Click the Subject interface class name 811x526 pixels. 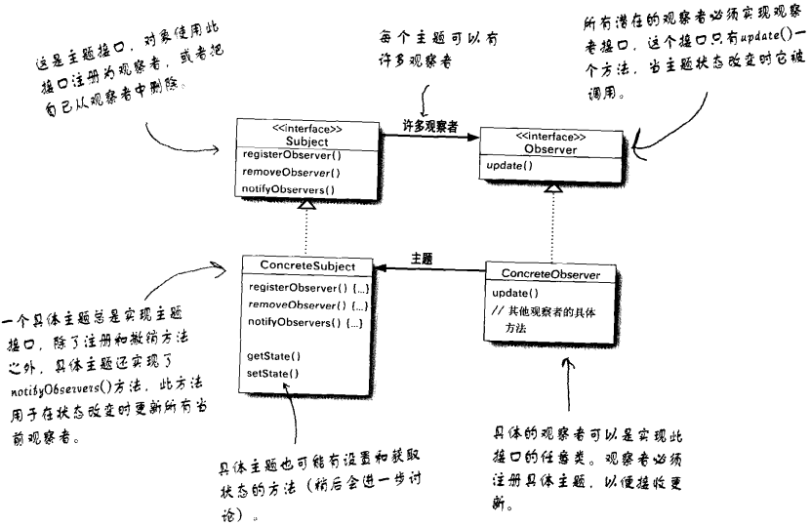(308, 140)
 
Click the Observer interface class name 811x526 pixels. (551, 149)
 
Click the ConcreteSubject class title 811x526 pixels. (308, 266)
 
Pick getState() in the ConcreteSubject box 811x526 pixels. (274, 357)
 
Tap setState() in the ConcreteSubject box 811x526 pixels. (273, 373)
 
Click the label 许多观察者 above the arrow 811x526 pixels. (431, 125)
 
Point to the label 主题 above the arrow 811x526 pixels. (422, 259)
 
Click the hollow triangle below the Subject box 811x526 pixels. (307, 203)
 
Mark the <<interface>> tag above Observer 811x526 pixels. (551, 136)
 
